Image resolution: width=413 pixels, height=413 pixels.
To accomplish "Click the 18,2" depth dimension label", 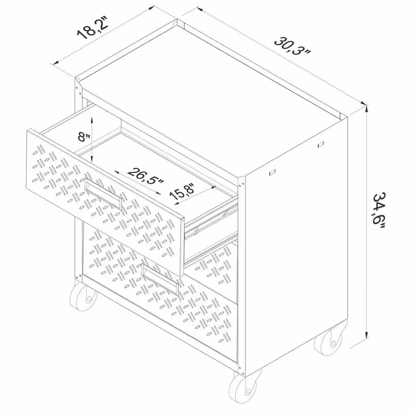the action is (93, 28).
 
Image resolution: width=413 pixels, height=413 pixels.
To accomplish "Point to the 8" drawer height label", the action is (84, 137).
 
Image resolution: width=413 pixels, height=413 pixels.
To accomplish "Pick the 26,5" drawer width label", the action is (146, 176).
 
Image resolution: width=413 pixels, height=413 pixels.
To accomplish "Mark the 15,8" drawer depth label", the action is (182, 192).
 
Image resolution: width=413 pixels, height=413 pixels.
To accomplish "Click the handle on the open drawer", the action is (103, 193).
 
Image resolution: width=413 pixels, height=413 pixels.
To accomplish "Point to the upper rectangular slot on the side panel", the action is (321, 144).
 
